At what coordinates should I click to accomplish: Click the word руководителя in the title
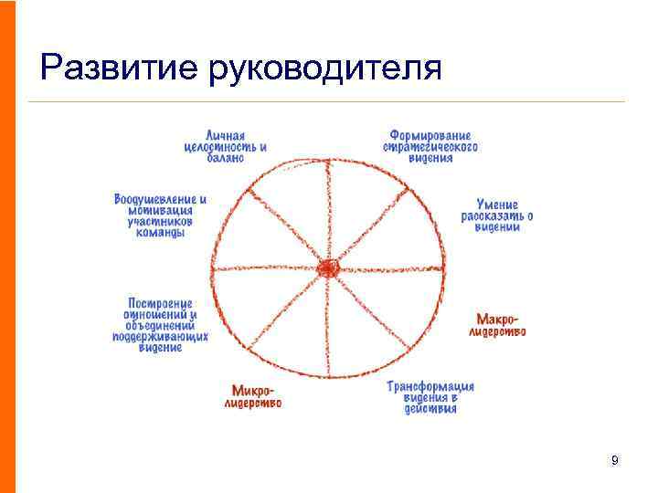pyautogui.click(x=326, y=68)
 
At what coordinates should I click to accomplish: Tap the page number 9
pyautogui.click(x=614, y=460)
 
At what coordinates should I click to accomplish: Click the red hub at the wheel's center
pyautogui.click(x=327, y=268)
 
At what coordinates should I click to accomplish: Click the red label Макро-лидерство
pyautogui.click(x=498, y=325)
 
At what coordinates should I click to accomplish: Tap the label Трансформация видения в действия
pyautogui.click(x=430, y=397)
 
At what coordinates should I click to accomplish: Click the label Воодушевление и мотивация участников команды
pyautogui.click(x=161, y=215)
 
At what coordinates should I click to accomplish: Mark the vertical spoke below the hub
pyautogui.click(x=327, y=329)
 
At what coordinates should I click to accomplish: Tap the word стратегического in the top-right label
pyautogui.click(x=431, y=146)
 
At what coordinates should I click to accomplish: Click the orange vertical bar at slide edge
pyautogui.click(x=7, y=246)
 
